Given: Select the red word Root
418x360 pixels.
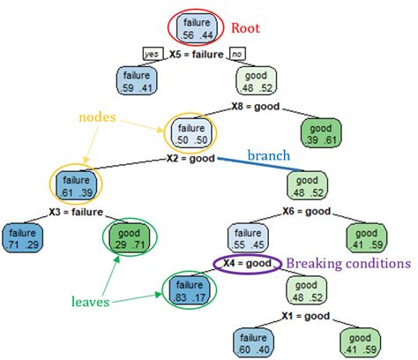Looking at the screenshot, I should click(248, 28).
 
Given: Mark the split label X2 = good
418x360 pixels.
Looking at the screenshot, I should click(190, 160).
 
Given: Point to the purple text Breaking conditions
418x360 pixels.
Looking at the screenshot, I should click(347, 263).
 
